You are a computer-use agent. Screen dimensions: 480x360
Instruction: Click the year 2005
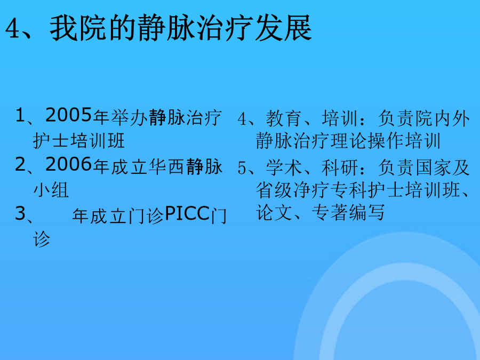(x=69, y=115)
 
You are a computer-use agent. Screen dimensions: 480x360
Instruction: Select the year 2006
(x=69, y=164)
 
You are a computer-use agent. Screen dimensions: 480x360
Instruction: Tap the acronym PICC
(x=187, y=213)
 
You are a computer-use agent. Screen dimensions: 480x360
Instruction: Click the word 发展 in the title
(x=283, y=28)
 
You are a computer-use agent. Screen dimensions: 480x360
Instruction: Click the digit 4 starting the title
(x=12, y=28)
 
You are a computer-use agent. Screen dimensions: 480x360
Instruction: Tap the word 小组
(x=51, y=190)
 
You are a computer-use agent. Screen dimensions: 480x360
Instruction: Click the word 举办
(x=129, y=118)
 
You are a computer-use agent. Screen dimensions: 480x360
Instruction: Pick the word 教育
(x=284, y=118)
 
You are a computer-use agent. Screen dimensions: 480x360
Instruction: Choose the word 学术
(x=284, y=168)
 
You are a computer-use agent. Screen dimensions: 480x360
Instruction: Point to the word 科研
(x=340, y=168)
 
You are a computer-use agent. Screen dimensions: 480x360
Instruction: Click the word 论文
(x=274, y=212)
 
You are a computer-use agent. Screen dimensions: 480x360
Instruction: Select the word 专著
(x=330, y=212)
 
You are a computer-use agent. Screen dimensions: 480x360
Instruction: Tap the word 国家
(x=433, y=168)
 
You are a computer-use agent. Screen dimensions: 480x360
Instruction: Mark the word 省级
(x=274, y=190)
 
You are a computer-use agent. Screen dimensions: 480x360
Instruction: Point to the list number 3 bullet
(x=20, y=213)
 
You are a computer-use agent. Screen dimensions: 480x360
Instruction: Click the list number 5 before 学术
(x=242, y=168)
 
